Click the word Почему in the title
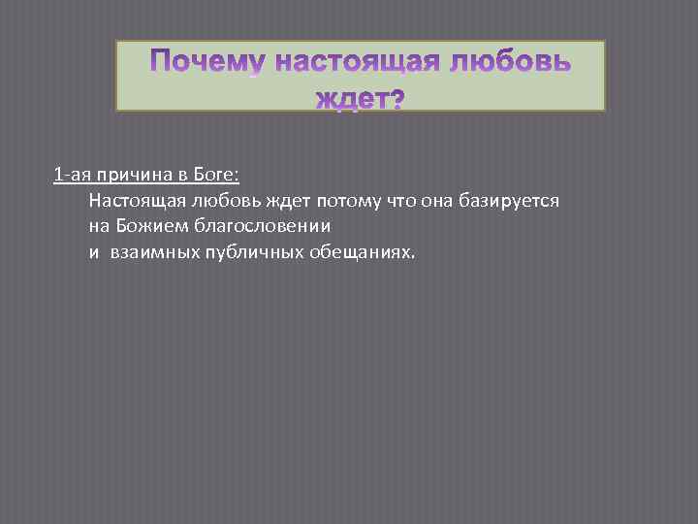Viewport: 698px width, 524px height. (207, 64)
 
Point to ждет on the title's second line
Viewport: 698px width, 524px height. (348, 98)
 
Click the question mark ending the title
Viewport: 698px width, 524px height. (395, 98)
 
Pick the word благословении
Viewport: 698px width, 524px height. (261, 226)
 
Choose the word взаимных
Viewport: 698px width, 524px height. (153, 251)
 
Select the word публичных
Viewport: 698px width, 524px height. (244, 251)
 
